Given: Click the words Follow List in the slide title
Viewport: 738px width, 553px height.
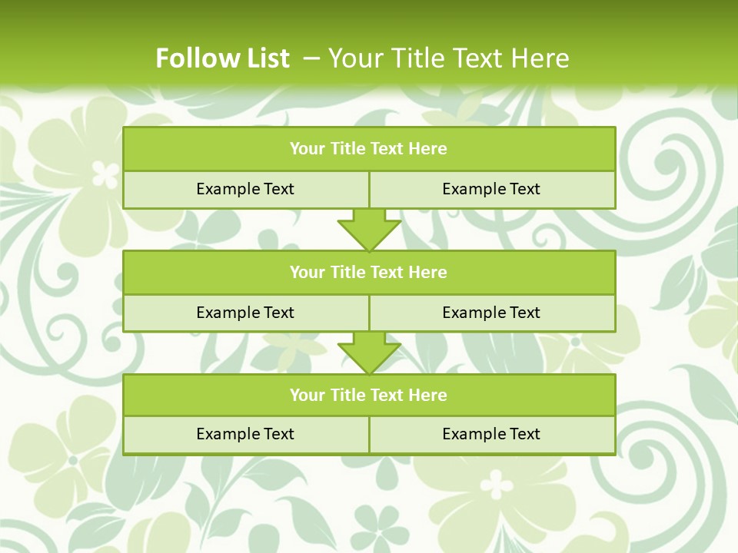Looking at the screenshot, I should pyautogui.click(x=222, y=58).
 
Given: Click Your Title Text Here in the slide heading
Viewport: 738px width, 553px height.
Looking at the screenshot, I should pyautogui.click(x=448, y=58).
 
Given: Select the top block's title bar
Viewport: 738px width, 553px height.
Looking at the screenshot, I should pyautogui.click(x=369, y=149).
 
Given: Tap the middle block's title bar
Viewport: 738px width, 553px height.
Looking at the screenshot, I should pyautogui.click(x=369, y=272).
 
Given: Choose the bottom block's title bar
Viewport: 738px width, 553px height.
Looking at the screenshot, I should pyautogui.click(x=369, y=395).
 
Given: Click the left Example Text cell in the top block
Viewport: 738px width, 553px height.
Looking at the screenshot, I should pyautogui.click(x=245, y=189).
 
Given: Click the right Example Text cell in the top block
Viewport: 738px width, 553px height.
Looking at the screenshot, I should pyautogui.click(x=491, y=189).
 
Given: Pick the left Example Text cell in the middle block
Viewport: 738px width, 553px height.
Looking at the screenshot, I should pyautogui.click(x=245, y=313).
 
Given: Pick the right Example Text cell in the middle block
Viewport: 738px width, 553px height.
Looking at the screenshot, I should pyautogui.click(x=491, y=313).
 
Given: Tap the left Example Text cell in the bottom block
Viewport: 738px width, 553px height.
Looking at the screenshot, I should pyautogui.click(x=245, y=434).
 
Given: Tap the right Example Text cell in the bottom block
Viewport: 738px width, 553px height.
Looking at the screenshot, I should pyautogui.click(x=491, y=434).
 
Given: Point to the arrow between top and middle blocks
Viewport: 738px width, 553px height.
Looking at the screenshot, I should pyautogui.click(x=369, y=230).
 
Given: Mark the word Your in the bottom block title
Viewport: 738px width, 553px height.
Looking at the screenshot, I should pyautogui.click(x=307, y=395).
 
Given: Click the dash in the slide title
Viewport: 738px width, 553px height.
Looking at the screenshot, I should pyautogui.click(x=311, y=58).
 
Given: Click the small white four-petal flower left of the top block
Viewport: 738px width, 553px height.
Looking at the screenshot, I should pyautogui.click(x=105, y=174).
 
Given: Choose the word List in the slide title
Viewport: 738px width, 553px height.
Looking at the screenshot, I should pyautogui.click(x=265, y=58).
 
